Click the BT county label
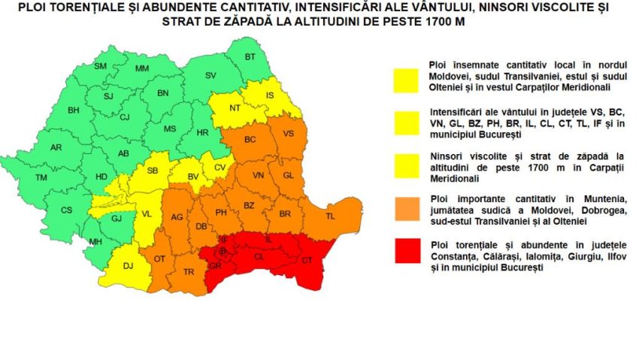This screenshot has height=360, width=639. [x=250, y=57]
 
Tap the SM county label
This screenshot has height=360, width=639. [x=100, y=66]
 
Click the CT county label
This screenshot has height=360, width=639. [x=307, y=260]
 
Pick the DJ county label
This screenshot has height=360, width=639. [x=128, y=264]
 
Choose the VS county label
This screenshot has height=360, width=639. [x=289, y=133]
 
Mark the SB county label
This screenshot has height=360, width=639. [x=153, y=171]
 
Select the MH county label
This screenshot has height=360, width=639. [x=95, y=241]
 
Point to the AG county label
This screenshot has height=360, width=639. [x=177, y=217]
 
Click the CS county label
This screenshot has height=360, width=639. [x=67, y=210]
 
